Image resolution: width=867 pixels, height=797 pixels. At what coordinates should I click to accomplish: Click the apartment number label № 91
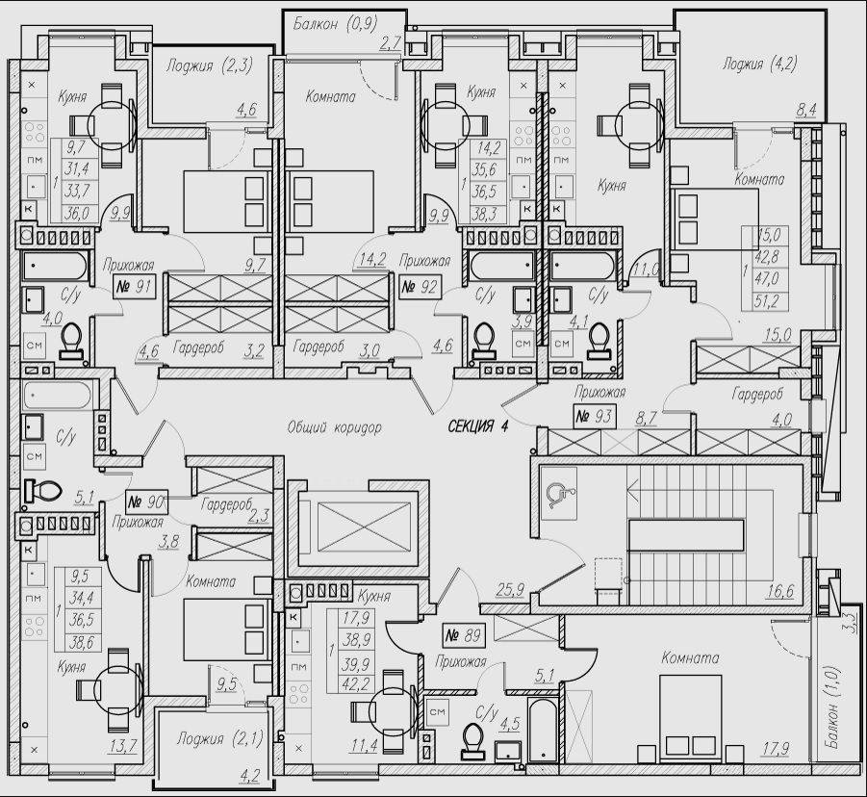(x=133, y=285)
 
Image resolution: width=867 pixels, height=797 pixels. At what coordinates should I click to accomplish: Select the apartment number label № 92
(x=420, y=286)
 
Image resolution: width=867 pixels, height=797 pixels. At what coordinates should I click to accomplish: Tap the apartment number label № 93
(x=595, y=417)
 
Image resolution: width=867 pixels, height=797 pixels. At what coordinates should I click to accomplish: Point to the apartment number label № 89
(x=464, y=635)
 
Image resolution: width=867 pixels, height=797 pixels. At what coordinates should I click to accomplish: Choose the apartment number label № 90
(x=146, y=501)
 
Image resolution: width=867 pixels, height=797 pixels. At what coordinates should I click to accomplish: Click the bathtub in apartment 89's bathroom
(x=542, y=732)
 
